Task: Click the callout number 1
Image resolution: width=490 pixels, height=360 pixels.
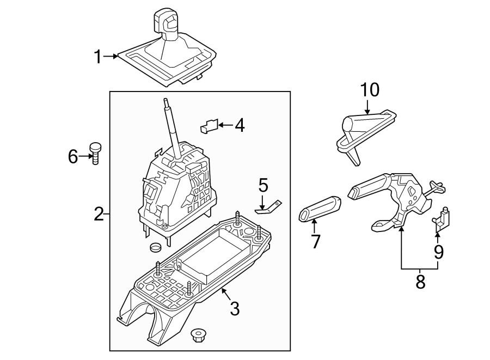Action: pos(98,56)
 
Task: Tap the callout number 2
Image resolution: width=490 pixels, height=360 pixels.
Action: pos(98,214)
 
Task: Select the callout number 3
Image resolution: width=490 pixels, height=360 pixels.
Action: pos(234,308)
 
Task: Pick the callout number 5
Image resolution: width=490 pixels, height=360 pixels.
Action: pos(263,186)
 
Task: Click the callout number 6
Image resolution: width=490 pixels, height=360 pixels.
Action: pos(73,157)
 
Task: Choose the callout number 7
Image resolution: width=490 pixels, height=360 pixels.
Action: pos(316,241)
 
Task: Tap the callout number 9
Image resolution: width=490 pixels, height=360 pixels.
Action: pos(438,252)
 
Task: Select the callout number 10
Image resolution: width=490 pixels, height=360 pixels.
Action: pos(370,90)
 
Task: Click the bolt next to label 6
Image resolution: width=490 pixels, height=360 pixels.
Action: pos(96,154)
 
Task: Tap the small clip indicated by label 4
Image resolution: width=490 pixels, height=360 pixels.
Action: pos(209,126)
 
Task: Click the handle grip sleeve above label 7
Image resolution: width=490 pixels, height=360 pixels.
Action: pos(320,208)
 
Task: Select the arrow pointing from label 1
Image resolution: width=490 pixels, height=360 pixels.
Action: pos(112,56)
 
